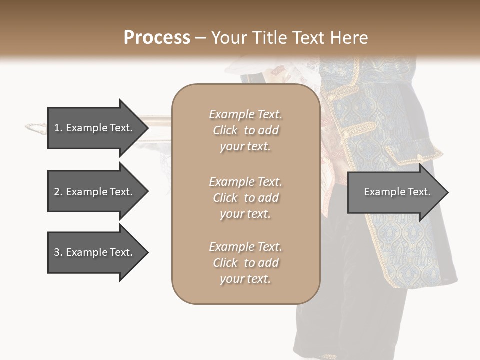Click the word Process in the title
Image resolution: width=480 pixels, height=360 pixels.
(157, 38)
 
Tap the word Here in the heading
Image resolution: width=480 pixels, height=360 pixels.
(349, 38)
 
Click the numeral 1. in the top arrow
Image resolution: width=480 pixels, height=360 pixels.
(58, 128)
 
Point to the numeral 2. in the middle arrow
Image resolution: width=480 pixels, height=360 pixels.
(58, 192)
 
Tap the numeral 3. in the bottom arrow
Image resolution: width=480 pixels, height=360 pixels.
(58, 252)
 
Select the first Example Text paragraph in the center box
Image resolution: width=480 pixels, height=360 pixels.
(245, 130)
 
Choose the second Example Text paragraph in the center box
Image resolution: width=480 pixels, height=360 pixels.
(245, 198)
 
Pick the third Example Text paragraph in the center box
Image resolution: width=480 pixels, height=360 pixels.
(245, 263)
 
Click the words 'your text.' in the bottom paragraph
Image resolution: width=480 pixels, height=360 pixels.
(245, 279)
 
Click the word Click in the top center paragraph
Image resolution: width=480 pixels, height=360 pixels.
(225, 130)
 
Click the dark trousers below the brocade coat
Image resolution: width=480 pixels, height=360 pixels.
(350, 325)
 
